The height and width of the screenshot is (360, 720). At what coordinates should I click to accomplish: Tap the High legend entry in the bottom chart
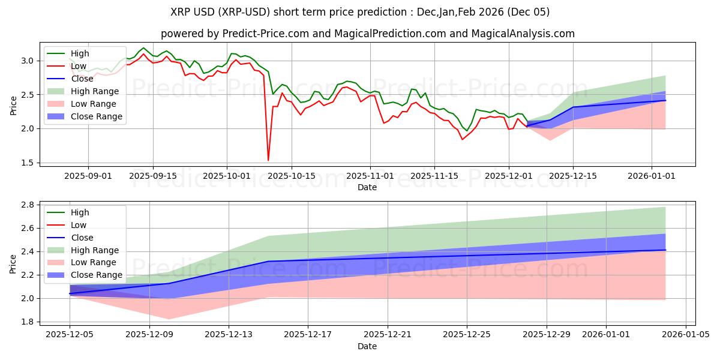(x=80, y=212)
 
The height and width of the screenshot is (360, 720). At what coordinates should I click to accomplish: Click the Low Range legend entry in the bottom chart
(x=94, y=263)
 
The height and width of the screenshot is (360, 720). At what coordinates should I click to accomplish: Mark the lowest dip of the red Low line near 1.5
(x=268, y=160)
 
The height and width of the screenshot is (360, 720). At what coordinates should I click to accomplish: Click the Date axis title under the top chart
(x=367, y=187)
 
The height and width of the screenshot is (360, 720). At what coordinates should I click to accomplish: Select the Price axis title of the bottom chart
(x=13, y=263)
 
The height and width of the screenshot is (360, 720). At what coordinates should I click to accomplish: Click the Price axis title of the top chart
(x=13, y=106)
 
